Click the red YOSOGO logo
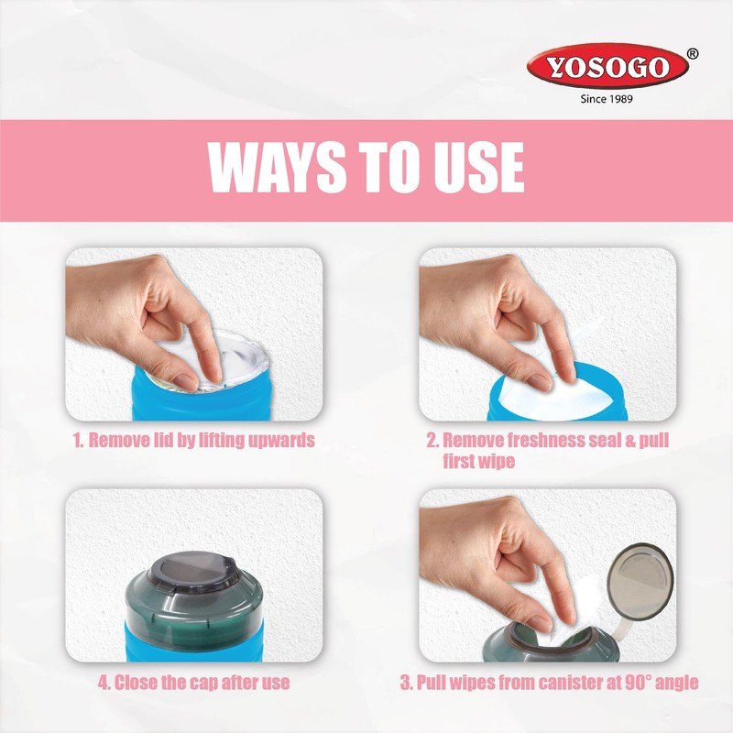(607, 68)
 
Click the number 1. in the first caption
(80, 441)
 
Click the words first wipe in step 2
(477, 462)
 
